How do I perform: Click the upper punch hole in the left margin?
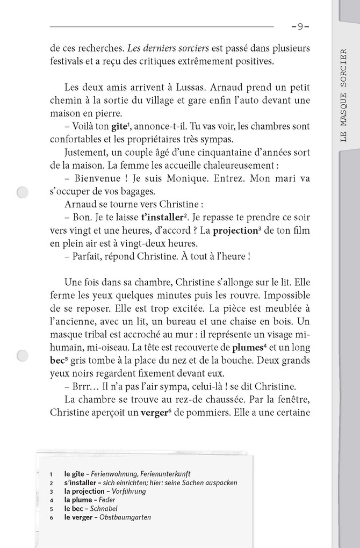23,192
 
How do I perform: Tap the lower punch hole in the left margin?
23,355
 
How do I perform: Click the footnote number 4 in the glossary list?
50,500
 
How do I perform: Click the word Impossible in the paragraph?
282,295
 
